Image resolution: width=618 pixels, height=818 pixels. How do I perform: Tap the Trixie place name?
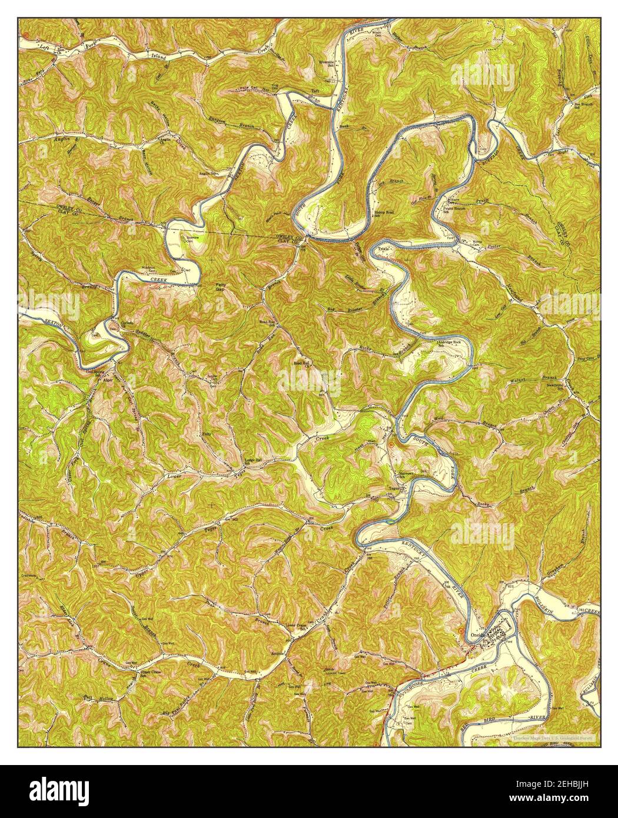[384, 250]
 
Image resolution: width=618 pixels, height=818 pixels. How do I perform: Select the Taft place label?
[315, 91]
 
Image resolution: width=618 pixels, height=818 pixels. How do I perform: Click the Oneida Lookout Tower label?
[330, 672]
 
